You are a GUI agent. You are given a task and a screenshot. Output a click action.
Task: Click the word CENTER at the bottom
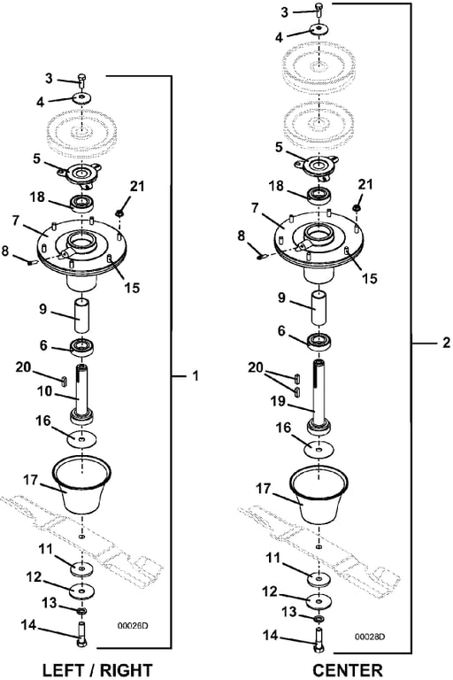348,670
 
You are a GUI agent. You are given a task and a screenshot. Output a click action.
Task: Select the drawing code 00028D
370,637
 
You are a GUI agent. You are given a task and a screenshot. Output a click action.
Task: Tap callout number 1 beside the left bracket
196,375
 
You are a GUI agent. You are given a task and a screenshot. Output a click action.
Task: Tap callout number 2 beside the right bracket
447,343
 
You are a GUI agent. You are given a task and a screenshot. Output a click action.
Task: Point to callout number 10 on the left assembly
44,391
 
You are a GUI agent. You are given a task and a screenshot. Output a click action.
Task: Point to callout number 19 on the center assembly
278,402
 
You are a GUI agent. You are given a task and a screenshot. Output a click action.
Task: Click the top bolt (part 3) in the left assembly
82,81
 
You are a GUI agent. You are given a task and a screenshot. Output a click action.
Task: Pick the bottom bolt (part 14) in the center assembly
319,639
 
